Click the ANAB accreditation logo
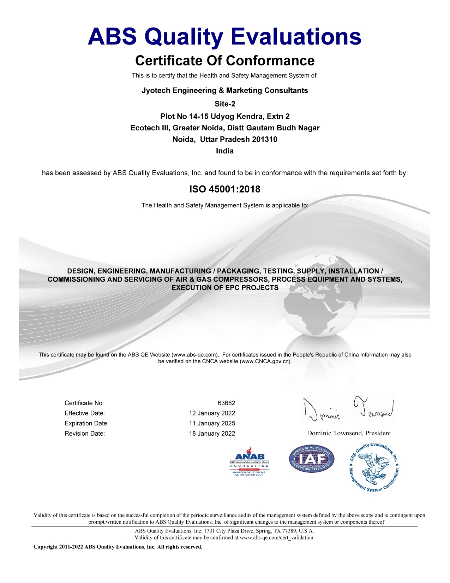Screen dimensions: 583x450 [x=249, y=461]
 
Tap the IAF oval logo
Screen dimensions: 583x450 [x=311, y=459]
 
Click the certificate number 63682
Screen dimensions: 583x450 [x=226, y=403]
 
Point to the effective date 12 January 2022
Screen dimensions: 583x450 [x=212, y=413]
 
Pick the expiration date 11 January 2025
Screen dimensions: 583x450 [x=212, y=423]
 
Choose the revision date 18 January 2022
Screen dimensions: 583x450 [x=212, y=434]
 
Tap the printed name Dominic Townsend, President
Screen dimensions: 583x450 [x=349, y=433]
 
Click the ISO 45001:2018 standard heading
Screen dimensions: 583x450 [x=225, y=189]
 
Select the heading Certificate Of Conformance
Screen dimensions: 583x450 [x=225, y=61]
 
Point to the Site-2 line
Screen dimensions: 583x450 [x=225, y=104]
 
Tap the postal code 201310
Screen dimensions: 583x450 [x=264, y=139]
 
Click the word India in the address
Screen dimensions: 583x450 [x=225, y=151]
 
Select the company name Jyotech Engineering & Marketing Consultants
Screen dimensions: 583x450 [x=225, y=90]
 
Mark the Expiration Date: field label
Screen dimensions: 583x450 [x=86, y=423]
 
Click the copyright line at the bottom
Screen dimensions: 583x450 [x=118, y=547]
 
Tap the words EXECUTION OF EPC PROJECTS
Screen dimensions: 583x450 [x=225, y=288]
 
